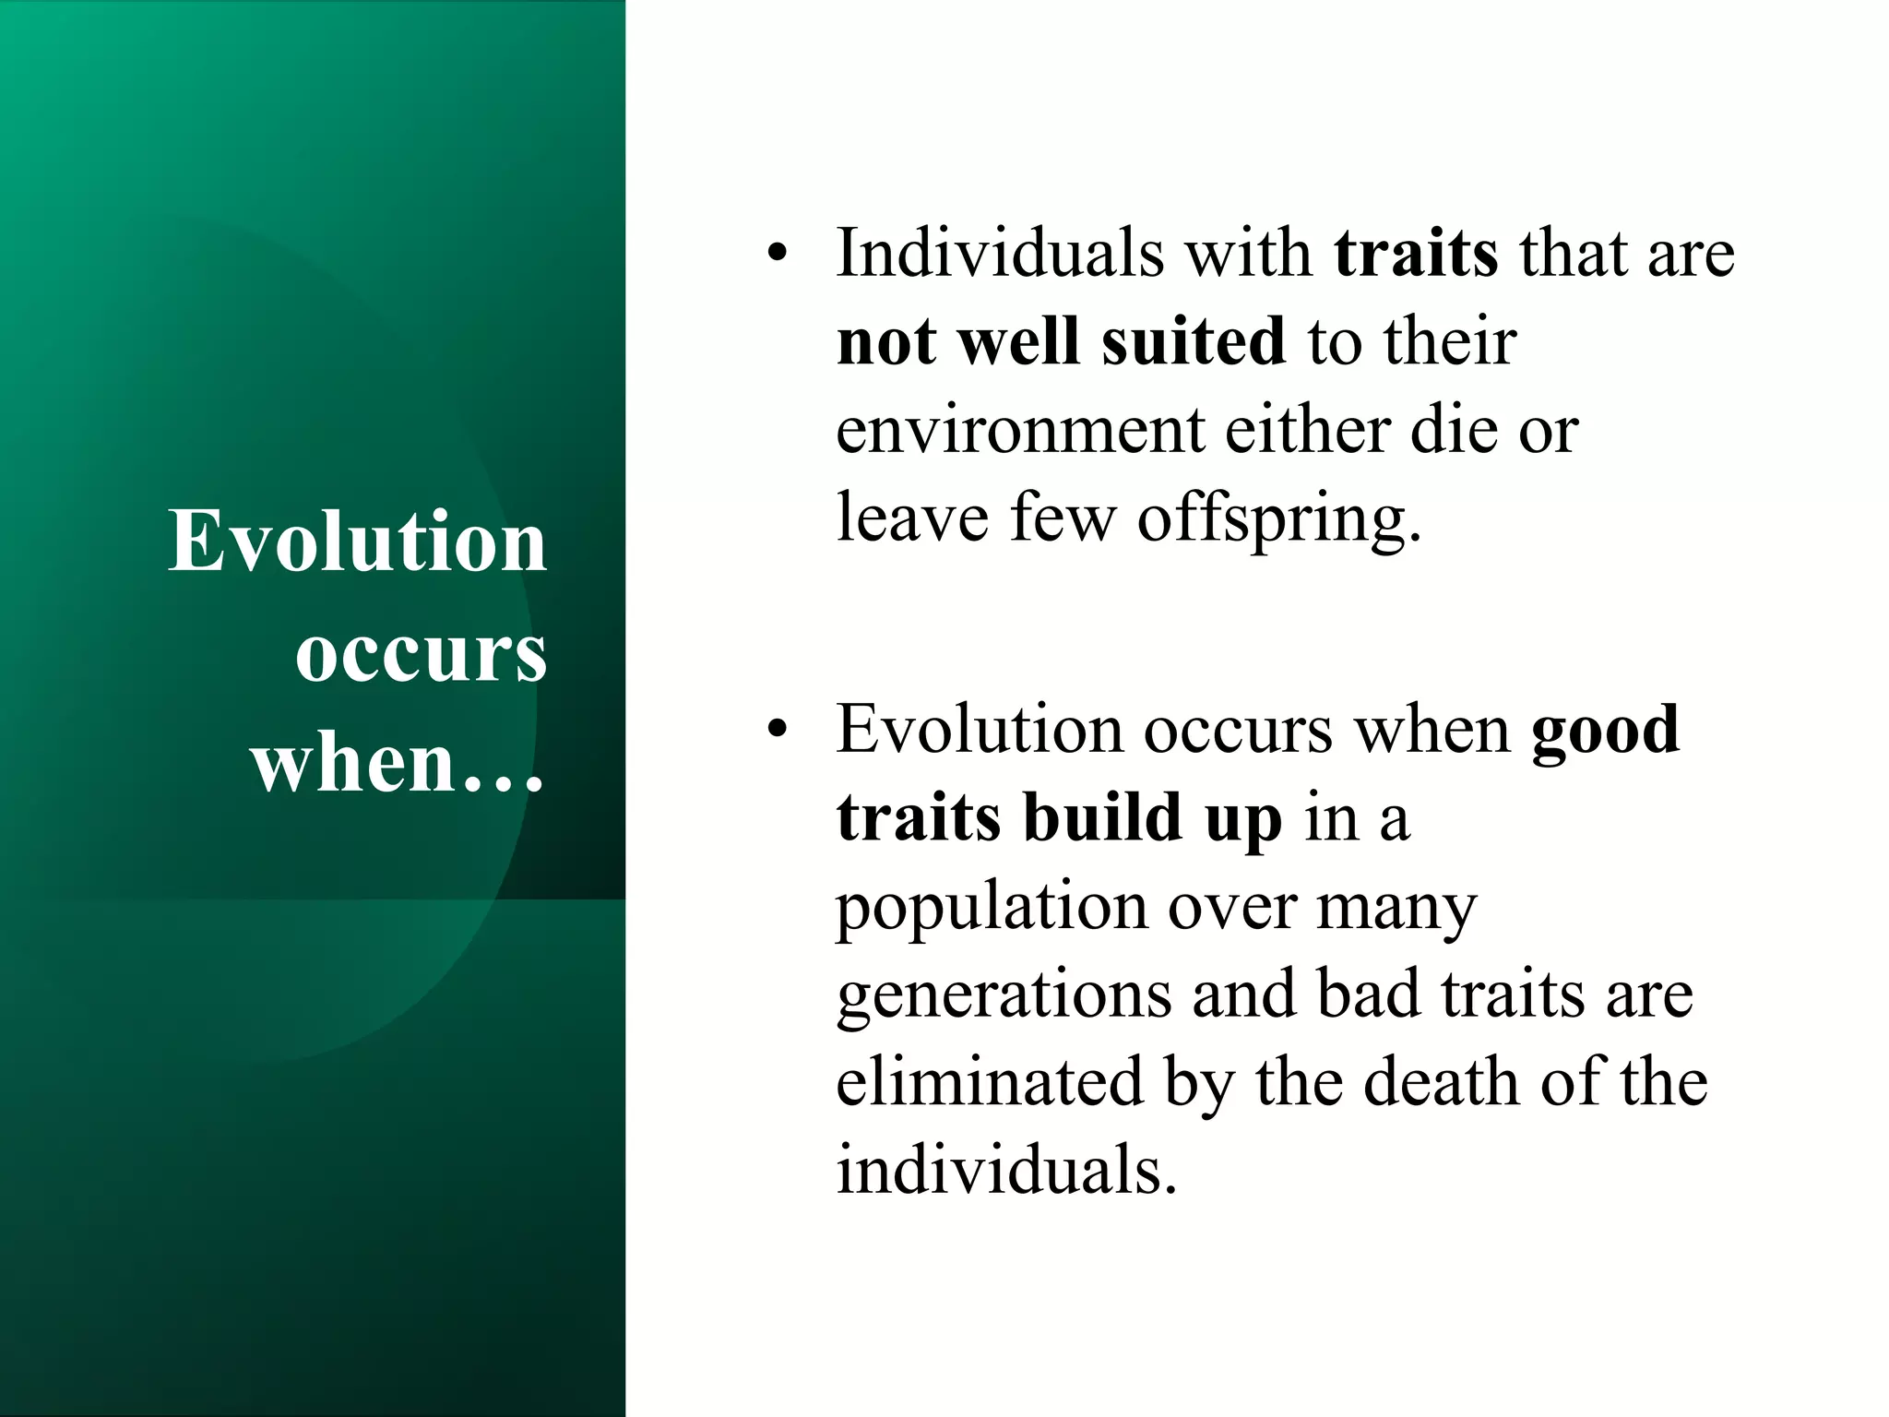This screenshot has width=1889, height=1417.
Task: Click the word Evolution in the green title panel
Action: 358,542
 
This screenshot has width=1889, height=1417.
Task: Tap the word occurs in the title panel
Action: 422,654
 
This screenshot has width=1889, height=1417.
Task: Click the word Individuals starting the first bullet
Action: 1000,253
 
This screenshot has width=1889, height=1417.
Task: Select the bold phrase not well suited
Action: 1061,341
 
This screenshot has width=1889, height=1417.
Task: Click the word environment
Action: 1020,430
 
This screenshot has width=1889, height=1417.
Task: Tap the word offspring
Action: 1278,518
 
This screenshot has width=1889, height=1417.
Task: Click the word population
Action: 992,908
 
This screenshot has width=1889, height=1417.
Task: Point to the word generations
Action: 1004,994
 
